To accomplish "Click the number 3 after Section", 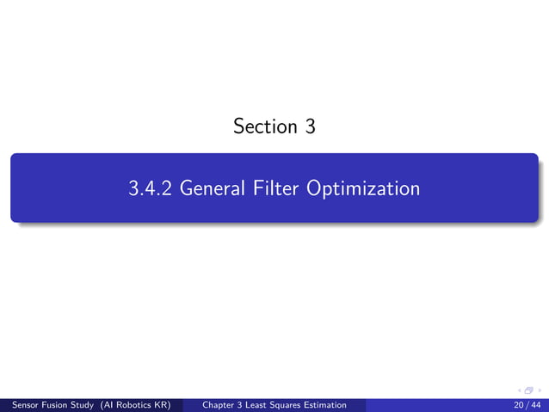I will tap(310, 127).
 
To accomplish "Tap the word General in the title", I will tap(214, 188).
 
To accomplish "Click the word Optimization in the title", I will tap(363, 188).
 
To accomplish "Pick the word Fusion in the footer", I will tap(57, 404).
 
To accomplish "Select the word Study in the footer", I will tap(87, 404).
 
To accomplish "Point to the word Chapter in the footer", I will tap(219, 404).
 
